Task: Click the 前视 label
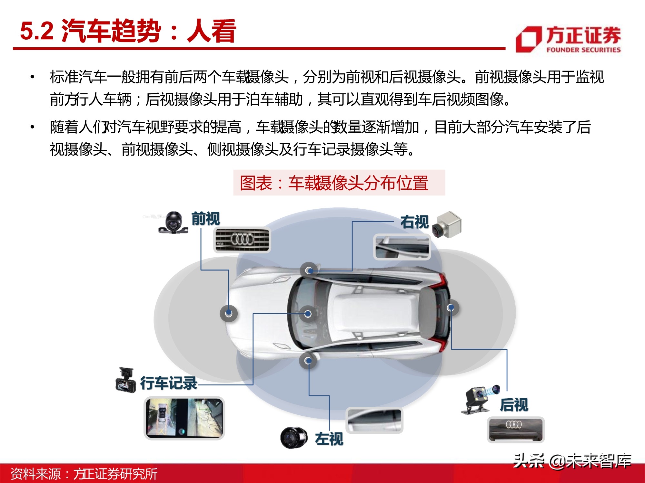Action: coord(205,219)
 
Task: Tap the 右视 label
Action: coord(414,222)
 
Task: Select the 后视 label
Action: coord(514,405)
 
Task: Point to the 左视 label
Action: coord(329,439)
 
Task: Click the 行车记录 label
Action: coord(169,383)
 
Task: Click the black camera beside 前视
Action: coord(174,222)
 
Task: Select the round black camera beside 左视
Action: coord(293,438)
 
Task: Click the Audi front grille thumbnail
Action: coord(242,240)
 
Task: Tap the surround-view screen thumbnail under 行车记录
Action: coord(184,418)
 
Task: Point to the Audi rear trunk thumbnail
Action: coord(515,430)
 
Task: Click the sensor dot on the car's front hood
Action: coord(229,313)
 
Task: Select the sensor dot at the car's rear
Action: coord(451,308)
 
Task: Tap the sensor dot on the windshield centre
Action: coord(308,314)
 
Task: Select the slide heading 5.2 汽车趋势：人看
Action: coord(128,31)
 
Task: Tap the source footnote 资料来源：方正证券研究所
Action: coord(84,474)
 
